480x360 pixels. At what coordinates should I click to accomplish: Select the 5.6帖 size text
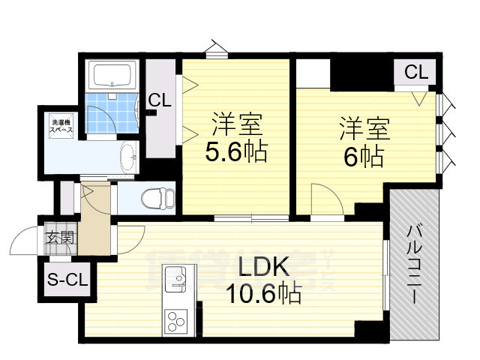236,153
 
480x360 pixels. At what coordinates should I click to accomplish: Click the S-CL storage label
67,281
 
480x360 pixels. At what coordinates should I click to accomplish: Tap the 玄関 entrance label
61,238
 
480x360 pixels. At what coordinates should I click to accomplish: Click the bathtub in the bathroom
111,76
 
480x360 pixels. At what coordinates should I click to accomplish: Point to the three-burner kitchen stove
177,322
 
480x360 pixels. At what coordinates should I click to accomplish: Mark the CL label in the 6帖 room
416,73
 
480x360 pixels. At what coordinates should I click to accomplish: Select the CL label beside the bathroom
160,100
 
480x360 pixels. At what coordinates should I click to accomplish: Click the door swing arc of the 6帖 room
326,202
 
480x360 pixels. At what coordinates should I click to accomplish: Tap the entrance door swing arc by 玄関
22,244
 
